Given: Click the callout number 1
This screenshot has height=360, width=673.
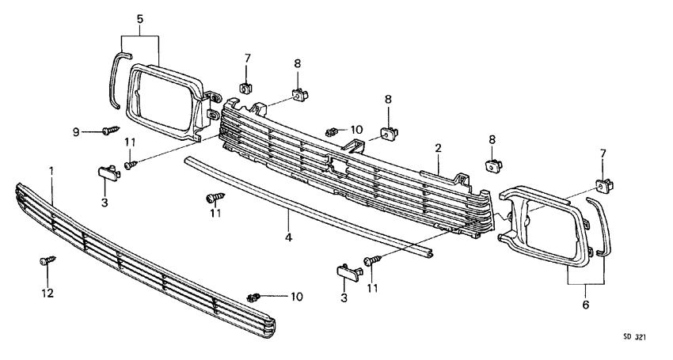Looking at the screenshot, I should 51,170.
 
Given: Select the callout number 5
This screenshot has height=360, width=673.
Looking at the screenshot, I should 139,18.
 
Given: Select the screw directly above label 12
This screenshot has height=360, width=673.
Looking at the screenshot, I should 47,259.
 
